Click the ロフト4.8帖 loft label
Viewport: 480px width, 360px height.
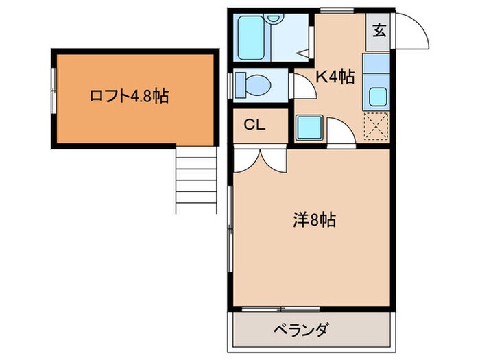point(129,97)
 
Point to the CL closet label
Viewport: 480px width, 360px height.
point(256,125)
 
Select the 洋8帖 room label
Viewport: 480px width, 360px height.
point(314,220)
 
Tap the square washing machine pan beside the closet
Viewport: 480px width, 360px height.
point(309,127)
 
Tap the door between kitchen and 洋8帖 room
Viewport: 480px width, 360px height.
point(340,134)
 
